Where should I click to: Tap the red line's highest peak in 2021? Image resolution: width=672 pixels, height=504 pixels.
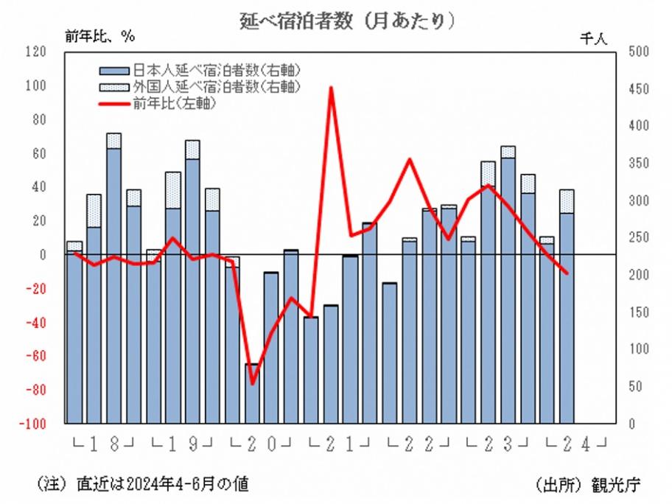coord(332,88)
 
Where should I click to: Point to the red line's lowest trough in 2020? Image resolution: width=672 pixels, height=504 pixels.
coord(252,383)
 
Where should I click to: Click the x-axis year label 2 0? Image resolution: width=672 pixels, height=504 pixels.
coord(262,444)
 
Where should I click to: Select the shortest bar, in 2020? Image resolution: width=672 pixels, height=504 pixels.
coord(252,393)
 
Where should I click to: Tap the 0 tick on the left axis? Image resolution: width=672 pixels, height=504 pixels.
coord(43,255)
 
